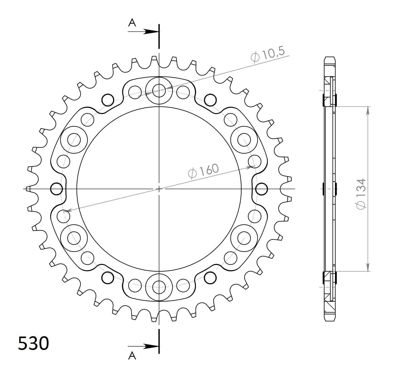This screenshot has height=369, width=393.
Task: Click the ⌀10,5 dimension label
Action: (268, 55)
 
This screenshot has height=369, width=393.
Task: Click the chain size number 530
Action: (33, 343)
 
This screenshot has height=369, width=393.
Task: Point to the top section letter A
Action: (132, 23)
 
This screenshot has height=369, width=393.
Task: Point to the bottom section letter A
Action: (132, 356)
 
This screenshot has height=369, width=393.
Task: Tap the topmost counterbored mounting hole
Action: (159, 91)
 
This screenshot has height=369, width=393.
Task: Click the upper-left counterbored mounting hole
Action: (74, 140)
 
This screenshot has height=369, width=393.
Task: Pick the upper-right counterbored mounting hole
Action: (244, 140)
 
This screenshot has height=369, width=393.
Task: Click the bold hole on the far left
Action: (56, 189)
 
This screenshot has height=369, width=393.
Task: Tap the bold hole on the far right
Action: (261, 189)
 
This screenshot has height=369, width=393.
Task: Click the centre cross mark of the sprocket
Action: (159, 189)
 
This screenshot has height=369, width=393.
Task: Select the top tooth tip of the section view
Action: (330, 58)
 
